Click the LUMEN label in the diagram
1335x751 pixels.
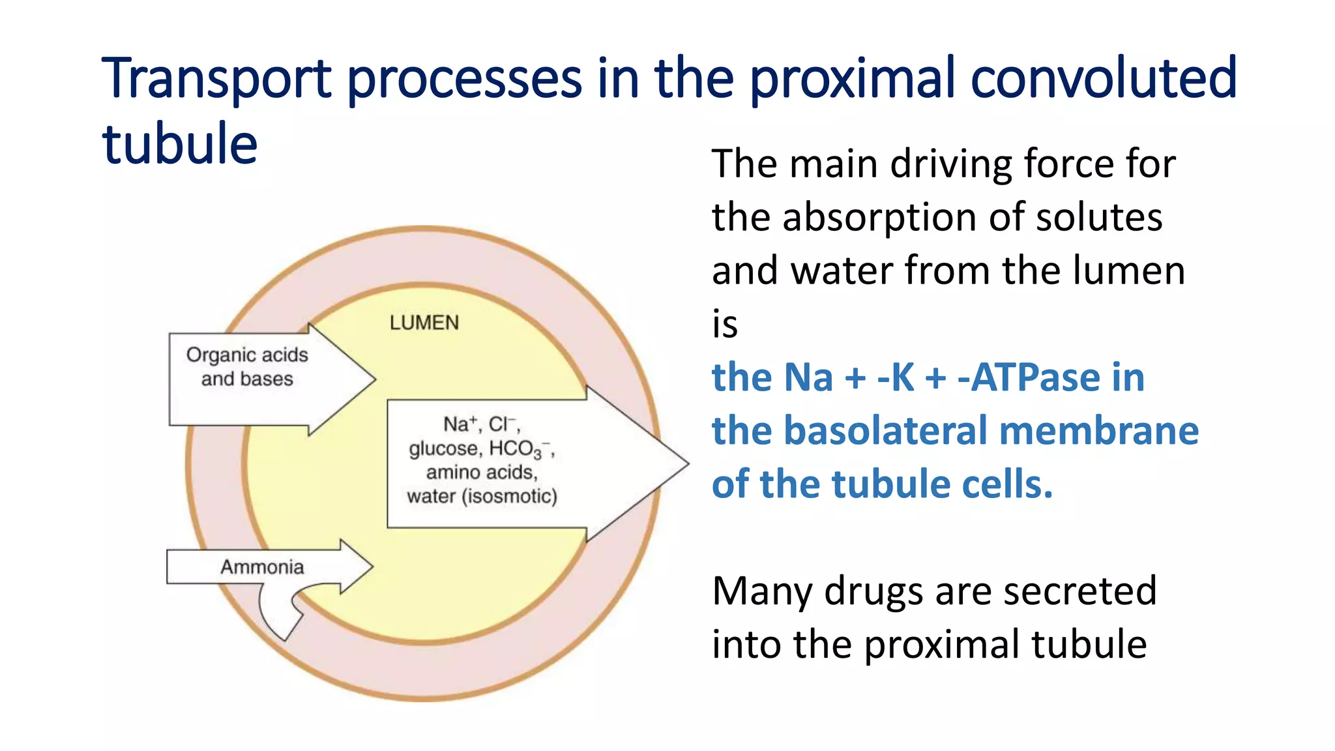tap(424, 323)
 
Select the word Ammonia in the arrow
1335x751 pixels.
tap(262, 567)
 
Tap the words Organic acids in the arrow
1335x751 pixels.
tap(247, 355)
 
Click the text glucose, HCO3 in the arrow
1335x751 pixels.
tap(481, 449)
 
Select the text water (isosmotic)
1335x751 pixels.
tap(482, 496)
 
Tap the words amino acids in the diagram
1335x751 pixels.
tap(481, 472)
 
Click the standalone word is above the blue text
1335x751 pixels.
tap(725, 324)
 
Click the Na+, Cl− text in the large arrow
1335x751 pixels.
tap(481, 424)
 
